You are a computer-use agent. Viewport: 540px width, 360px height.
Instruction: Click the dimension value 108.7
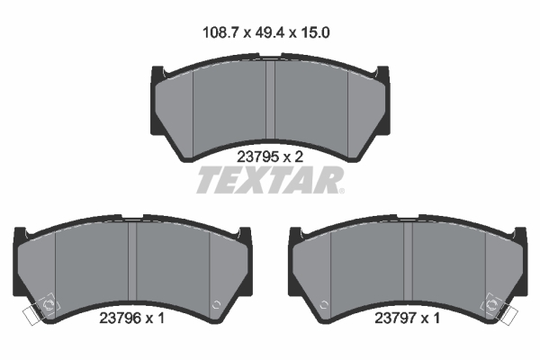pos(220,32)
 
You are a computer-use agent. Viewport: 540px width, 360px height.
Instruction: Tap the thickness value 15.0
pos(315,32)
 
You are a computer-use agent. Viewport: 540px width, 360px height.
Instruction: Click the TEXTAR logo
pos(269,180)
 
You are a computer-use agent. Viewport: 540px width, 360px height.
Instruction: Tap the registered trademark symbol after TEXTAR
pos(341,191)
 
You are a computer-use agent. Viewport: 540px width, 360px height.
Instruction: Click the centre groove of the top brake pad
pos(270,100)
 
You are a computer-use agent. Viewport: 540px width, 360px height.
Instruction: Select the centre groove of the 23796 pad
pos(132,261)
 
